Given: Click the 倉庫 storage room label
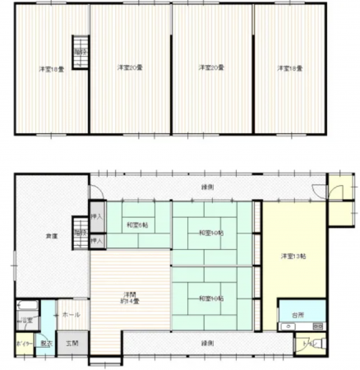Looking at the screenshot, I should [51, 237].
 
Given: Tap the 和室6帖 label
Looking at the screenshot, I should [136, 224].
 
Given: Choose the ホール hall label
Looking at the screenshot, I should [70, 315].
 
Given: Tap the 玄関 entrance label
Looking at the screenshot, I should [72, 343].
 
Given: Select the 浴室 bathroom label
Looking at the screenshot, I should [27, 320].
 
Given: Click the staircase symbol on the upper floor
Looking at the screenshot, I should [80, 51].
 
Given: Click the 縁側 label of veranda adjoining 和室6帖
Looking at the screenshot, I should [208, 187].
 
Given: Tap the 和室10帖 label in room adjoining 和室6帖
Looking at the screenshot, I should [210, 234].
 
